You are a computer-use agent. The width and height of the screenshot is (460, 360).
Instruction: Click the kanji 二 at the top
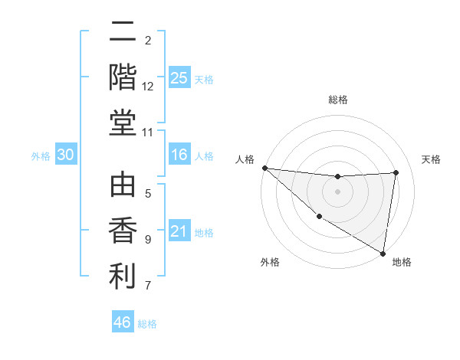(123, 32)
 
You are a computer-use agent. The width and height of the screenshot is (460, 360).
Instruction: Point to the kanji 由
(123, 186)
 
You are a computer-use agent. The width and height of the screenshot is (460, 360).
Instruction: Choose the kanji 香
(123, 231)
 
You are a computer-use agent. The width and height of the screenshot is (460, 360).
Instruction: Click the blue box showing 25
(179, 77)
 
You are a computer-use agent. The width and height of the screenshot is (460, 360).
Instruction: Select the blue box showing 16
(179, 155)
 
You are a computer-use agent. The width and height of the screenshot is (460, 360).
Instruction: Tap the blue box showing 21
(179, 231)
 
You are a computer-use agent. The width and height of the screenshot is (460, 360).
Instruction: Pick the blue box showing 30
(66, 155)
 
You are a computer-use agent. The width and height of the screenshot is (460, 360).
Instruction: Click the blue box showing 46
(123, 322)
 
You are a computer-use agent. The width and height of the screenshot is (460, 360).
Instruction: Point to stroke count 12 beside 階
(148, 87)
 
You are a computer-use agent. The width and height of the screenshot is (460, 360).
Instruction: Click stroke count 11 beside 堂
(148, 133)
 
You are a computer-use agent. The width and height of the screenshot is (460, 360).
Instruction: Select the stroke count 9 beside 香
(148, 240)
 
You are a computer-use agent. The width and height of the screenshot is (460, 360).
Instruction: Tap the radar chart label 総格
(338, 100)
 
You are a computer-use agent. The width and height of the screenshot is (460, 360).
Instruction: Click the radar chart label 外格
(270, 262)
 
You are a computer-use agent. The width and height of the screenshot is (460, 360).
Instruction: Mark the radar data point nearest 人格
(264, 168)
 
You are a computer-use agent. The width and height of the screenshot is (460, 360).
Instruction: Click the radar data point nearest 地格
(383, 252)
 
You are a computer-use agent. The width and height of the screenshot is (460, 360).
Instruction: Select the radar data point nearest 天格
(396, 172)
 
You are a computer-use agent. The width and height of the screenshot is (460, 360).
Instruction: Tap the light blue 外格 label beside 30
(41, 155)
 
